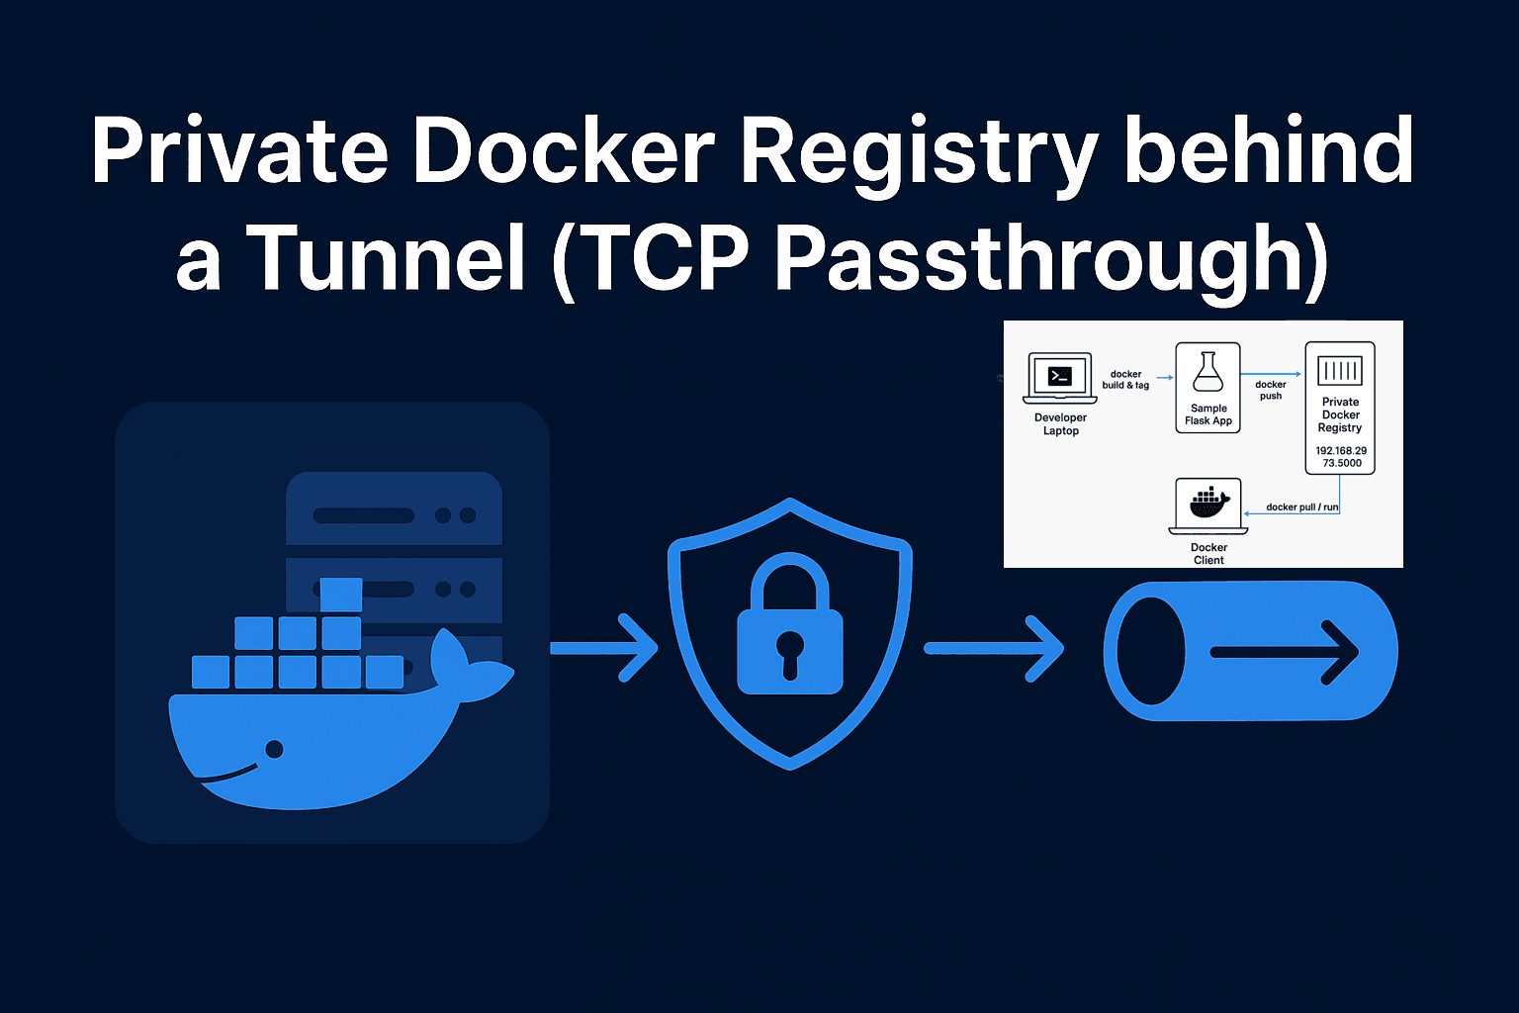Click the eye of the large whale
tap(275, 750)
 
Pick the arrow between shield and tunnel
tap(994, 648)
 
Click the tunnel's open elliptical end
tap(1150, 651)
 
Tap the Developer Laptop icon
tap(1060, 379)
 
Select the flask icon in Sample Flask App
tap(1207, 373)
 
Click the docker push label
tap(1271, 390)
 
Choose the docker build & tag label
tap(1125, 380)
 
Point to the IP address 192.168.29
tap(1341, 451)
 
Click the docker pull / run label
tap(1301, 507)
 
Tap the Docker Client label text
tap(1208, 554)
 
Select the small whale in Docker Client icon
tap(1208, 505)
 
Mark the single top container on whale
tap(341, 595)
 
